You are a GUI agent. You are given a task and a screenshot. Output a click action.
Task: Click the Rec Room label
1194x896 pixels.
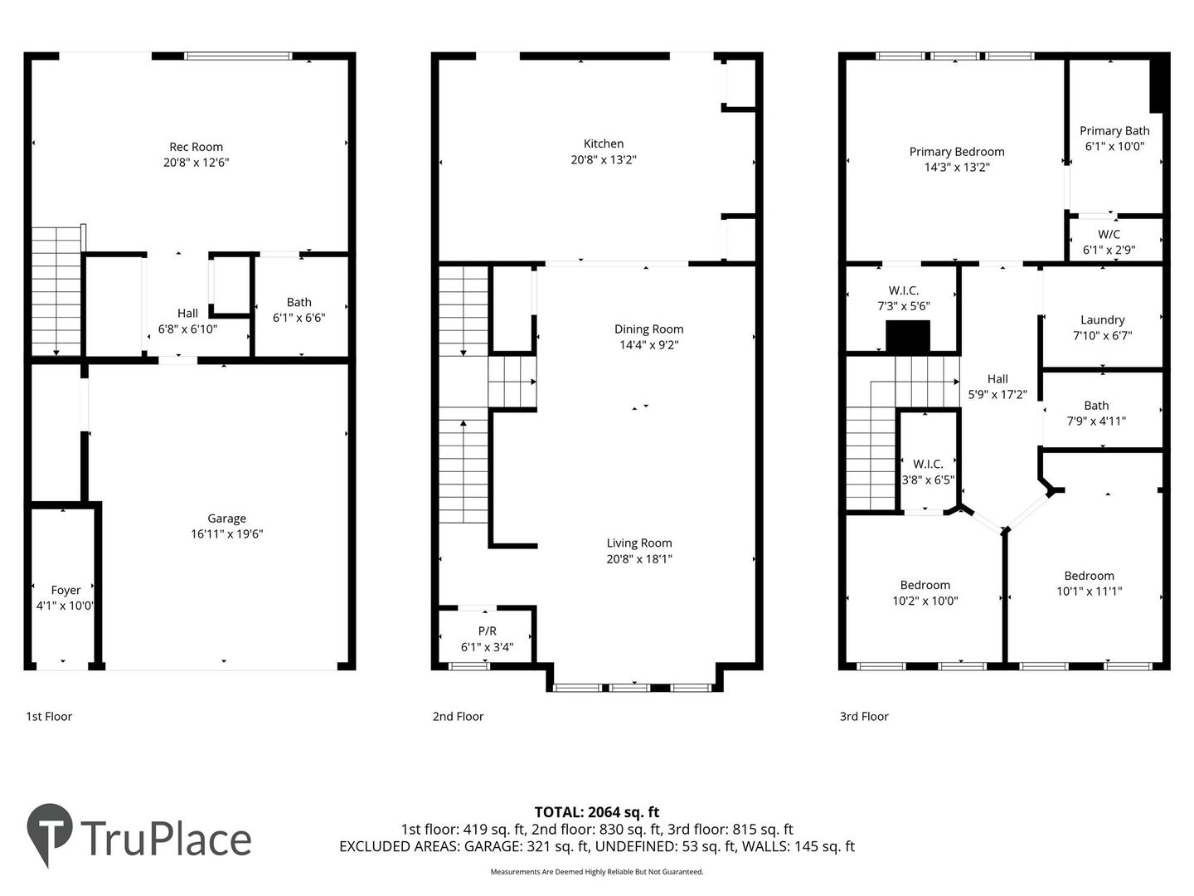pos(196,147)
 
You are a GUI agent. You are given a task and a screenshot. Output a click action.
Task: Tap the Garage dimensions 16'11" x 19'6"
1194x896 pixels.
pos(227,533)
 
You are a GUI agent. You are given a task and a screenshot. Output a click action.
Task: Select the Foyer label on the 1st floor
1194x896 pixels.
pos(66,590)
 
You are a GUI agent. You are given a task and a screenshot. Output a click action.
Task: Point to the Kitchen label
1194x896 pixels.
pos(604,144)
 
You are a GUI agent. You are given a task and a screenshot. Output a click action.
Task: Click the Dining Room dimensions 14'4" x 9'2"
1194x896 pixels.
pos(649,344)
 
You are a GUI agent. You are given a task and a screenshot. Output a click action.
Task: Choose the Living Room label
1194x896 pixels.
pos(639,543)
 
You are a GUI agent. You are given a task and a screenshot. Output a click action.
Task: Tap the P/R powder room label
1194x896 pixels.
pos(487,631)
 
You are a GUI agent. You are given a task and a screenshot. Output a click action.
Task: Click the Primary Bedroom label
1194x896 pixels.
pos(957,152)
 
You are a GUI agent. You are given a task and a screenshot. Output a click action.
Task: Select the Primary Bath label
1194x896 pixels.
pos(1114,131)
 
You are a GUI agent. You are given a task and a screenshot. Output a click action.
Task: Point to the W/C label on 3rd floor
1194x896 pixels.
pos(1109,235)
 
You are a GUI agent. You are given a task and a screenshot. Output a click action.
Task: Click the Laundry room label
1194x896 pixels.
pos(1103,320)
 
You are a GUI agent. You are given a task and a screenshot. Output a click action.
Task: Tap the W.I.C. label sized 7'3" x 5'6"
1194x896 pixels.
pos(904,290)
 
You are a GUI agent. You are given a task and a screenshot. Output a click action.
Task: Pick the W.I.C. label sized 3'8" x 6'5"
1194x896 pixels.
pos(928,464)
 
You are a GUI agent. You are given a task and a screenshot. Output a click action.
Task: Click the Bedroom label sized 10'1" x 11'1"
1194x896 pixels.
pos(1089,576)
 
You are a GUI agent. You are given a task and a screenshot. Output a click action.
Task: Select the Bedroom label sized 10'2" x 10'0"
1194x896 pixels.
pos(925,586)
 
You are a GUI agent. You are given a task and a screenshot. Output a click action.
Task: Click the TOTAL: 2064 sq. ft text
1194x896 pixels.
pos(597,812)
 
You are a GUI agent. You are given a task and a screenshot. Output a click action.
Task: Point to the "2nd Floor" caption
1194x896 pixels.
pos(458,717)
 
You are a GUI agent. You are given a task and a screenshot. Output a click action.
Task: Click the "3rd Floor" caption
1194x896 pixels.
pos(864,717)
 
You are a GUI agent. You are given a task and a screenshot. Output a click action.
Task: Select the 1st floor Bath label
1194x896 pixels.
pos(299,302)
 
